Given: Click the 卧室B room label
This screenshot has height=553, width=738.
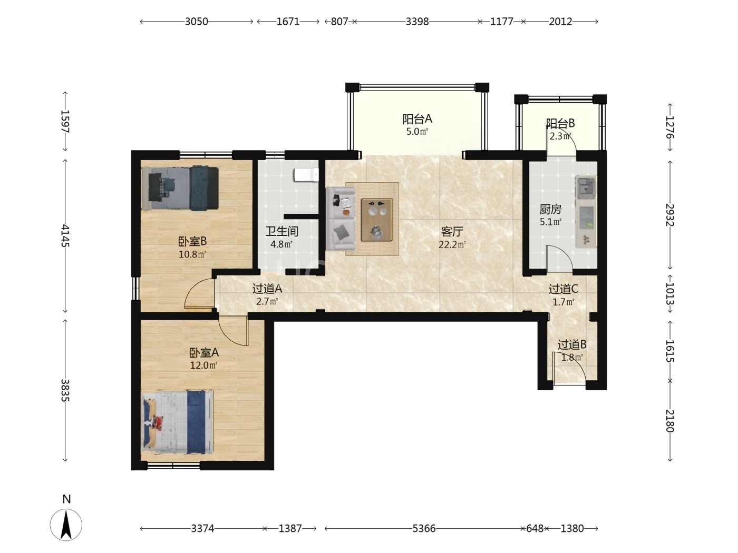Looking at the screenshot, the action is click(x=192, y=241).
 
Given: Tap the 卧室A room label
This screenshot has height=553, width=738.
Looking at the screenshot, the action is click(x=204, y=352).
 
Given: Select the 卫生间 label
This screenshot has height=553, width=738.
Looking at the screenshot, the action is click(x=281, y=231).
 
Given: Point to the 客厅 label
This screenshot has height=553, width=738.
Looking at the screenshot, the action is click(x=452, y=231).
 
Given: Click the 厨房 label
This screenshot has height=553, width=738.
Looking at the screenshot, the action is click(x=550, y=209).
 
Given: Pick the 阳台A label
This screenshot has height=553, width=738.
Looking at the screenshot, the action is click(x=417, y=119).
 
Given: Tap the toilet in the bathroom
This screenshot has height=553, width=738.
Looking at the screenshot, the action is click(x=306, y=175).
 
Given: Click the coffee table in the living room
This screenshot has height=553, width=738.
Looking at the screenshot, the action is click(x=376, y=220).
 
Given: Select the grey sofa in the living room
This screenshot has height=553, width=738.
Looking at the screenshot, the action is click(x=340, y=219).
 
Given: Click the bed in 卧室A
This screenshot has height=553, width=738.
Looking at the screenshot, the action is click(x=178, y=422).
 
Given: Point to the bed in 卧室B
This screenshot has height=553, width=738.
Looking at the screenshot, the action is click(x=180, y=188).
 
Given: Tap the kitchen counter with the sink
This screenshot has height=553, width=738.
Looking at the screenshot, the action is click(x=586, y=212).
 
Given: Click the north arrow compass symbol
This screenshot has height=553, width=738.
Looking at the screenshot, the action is click(x=66, y=525).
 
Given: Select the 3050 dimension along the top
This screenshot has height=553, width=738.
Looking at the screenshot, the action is click(x=196, y=22).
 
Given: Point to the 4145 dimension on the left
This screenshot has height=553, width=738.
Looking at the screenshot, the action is click(x=65, y=236).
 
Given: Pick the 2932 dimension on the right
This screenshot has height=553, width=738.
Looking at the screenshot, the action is click(x=670, y=215).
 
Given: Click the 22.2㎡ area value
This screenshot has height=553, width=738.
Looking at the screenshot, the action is click(x=452, y=244).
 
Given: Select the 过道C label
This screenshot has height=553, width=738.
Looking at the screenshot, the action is click(x=563, y=289).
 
